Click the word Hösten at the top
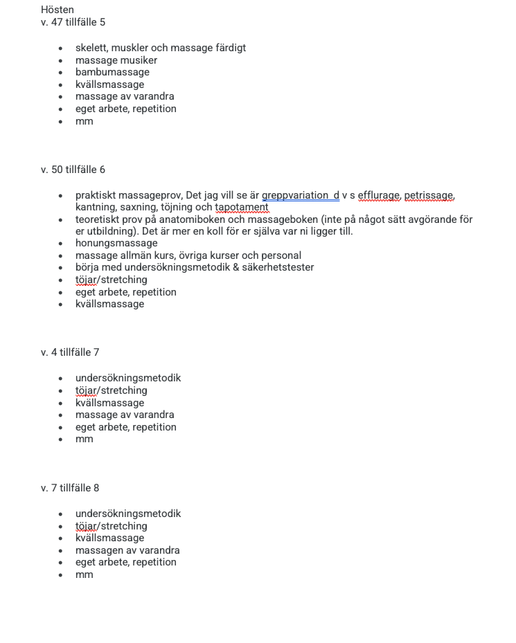(57, 10)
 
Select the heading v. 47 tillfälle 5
(73, 22)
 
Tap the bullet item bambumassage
(112, 72)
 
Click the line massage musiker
(116, 60)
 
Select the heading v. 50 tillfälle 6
(73, 170)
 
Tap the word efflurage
(379, 195)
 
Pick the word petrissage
(429, 195)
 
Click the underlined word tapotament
(242, 207)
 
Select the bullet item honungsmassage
(116, 243)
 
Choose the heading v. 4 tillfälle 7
(70, 352)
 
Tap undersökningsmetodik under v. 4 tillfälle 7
(128, 378)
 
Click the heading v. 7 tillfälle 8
(70, 488)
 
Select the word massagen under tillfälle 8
(98, 550)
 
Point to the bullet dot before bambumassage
(61, 73)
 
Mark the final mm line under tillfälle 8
(84, 574)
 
